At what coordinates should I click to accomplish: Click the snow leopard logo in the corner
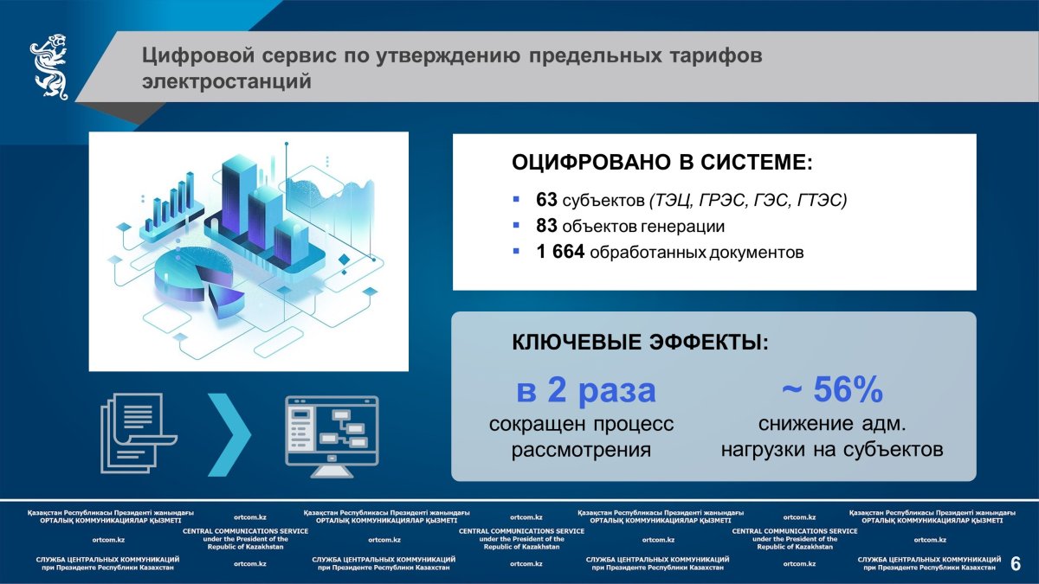[x=49, y=67]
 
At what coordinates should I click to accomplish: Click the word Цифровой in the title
[x=198, y=55]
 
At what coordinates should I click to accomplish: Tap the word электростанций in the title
[x=227, y=81]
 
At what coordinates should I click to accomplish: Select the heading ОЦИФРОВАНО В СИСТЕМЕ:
[x=662, y=163]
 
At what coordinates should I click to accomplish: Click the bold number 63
[x=546, y=200]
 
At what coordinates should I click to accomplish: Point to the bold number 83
[x=546, y=226]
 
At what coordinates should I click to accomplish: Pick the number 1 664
[x=560, y=252]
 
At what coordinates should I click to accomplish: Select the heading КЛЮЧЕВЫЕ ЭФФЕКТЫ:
[x=640, y=342]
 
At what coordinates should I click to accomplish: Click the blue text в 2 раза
[x=586, y=389]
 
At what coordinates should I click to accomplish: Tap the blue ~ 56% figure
[x=832, y=389]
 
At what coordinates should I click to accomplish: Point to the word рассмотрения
[x=581, y=450]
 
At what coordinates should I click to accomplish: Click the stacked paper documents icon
[x=139, y=433]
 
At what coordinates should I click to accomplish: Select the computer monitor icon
[x=332, y=436]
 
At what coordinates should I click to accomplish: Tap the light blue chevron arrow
[x=229, y=434]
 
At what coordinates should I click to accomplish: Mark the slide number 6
[x=1016, y=564]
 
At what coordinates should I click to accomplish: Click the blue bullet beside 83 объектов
[x=516, y=226]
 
